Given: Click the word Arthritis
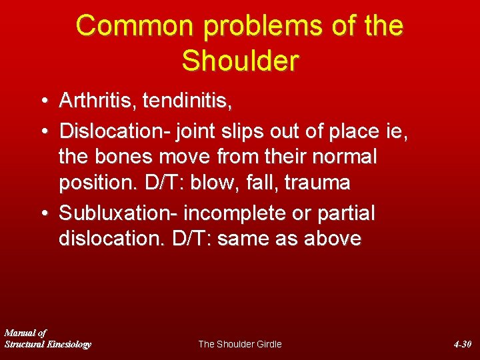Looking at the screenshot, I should click(98, 101).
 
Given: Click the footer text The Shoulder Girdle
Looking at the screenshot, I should click(240, 344).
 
